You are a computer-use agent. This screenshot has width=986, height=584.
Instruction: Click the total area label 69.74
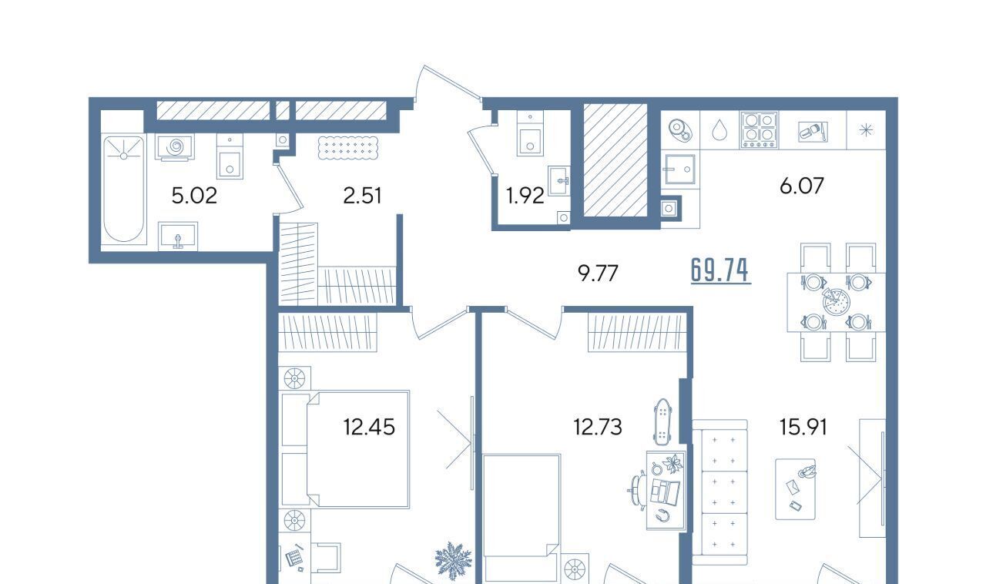point(720,271)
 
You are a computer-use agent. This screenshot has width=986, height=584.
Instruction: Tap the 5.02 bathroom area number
point(194,196)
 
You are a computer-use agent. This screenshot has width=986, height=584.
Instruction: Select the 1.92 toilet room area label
point(525,196)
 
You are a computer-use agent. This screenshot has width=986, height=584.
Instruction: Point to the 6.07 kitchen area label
point(802,186)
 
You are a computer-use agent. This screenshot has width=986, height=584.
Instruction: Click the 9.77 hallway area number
point(598,274)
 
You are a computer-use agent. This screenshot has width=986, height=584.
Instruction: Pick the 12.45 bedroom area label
point(369,427)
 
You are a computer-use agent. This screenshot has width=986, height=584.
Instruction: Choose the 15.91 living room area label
point(803,427)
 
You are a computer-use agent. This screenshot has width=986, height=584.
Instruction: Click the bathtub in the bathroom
point(124,189)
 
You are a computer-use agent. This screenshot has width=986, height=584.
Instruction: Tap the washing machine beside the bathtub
point(174,147)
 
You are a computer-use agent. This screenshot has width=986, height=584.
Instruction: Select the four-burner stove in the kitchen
point(760,130)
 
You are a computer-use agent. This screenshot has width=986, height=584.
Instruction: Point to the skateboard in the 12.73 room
point(661,421)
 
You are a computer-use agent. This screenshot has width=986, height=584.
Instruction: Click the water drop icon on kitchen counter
point(719,130)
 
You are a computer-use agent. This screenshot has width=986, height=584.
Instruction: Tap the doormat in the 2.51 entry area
point(347,148)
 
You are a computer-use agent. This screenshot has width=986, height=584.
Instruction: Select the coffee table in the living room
point(795,489)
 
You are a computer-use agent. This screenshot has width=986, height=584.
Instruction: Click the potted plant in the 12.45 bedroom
point(454,561)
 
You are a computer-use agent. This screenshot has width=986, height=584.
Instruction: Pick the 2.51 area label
point(362,196)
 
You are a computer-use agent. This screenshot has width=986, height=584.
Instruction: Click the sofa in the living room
point(719,492)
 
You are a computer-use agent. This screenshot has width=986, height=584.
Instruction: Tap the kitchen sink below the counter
point(680,169)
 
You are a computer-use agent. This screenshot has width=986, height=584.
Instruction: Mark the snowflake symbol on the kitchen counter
point(867,130)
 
